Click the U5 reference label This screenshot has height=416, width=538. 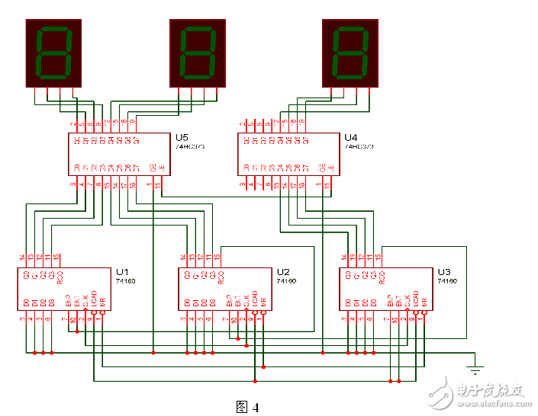[182, 137]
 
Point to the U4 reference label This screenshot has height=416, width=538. [351, 137]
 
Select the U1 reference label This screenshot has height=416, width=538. [123, 272]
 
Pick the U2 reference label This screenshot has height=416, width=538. [283, 272]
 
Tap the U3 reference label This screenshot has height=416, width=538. [444, 272]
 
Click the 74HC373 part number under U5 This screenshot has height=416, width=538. [188, 146]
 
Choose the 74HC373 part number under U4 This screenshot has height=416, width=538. [357, 146]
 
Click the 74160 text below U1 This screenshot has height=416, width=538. [125, 281]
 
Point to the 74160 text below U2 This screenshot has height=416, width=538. [285, 281]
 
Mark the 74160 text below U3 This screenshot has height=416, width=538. [446, 281]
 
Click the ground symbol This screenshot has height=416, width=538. [475, 370]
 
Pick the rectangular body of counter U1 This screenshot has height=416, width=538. [64, 289]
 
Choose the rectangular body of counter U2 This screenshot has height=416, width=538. [225, 289]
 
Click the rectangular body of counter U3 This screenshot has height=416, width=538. [386, 289]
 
